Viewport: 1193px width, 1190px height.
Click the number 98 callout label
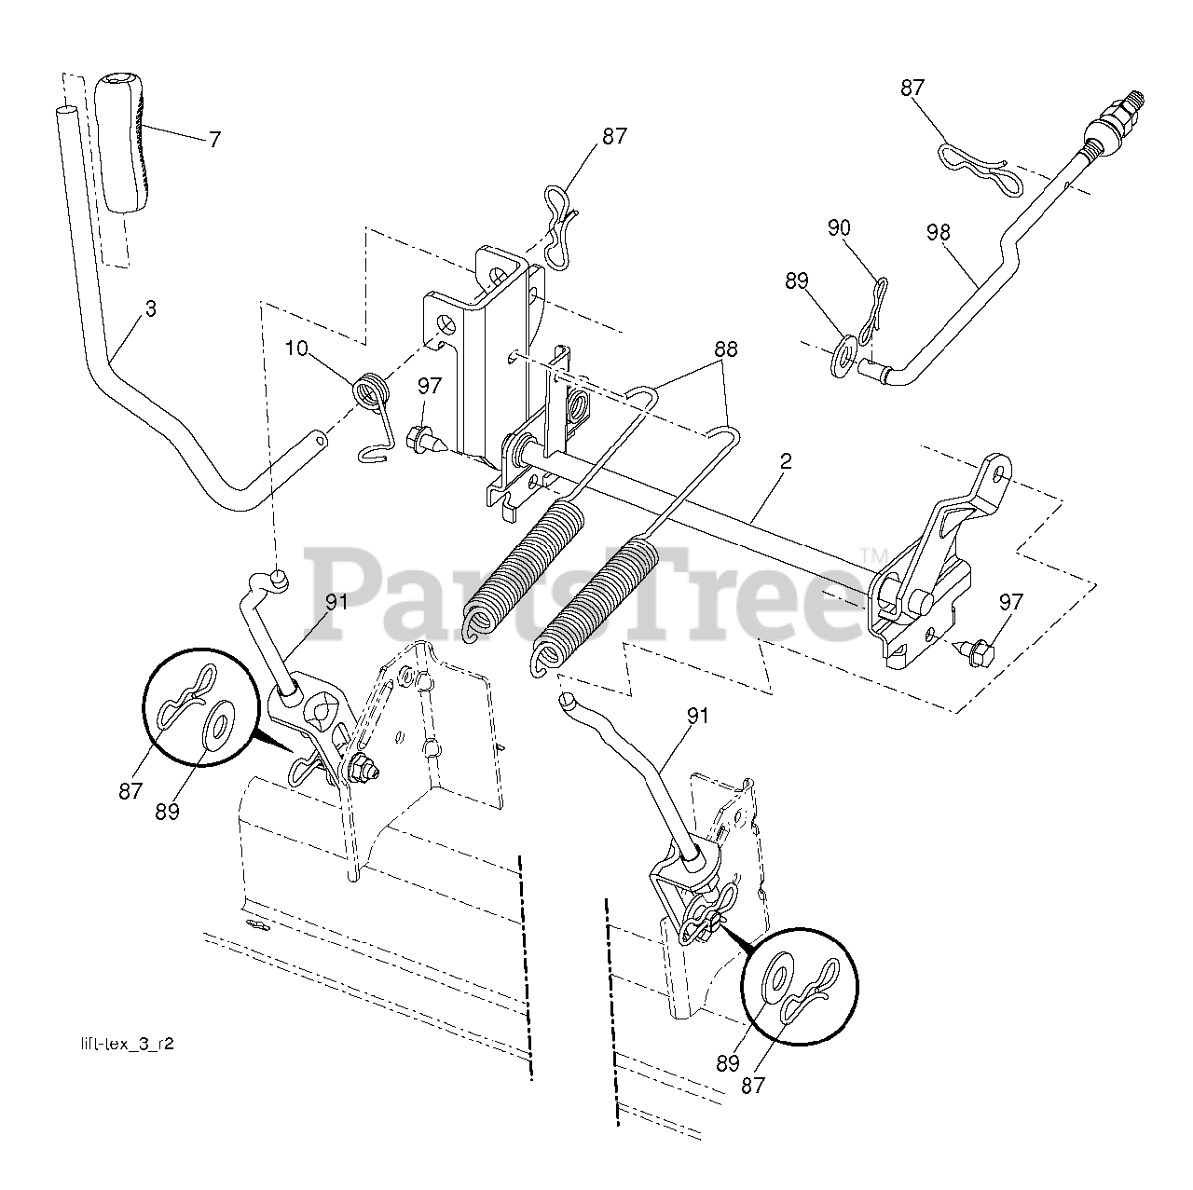(x=938, y=232)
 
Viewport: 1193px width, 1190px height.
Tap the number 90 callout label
(x=839, y=226)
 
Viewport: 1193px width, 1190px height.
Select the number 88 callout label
(x=725, y=349)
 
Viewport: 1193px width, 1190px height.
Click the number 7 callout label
(x=214, y=140)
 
